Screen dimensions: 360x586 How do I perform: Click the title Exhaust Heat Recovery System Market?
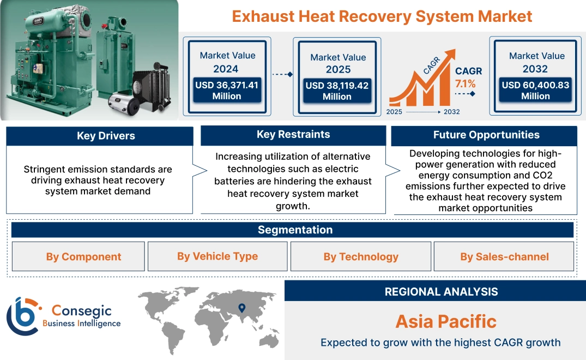382,16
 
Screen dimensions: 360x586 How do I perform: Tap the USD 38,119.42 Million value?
337,91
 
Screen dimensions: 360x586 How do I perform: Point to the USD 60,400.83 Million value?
535,91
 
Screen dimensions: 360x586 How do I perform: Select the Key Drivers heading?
106,136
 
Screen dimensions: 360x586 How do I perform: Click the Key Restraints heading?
293,134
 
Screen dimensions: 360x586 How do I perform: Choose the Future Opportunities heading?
486,135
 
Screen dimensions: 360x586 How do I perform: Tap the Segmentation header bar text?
295,230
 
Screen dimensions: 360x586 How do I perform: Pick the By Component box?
83,256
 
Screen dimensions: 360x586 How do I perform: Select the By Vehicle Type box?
218,256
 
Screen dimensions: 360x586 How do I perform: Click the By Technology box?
361,256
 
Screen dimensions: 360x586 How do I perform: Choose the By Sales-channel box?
504,256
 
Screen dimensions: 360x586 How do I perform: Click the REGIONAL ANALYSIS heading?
441,291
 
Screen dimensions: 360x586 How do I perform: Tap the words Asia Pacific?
446,321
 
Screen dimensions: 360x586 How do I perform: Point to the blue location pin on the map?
241,309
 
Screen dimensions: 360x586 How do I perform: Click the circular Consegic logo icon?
22,316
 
